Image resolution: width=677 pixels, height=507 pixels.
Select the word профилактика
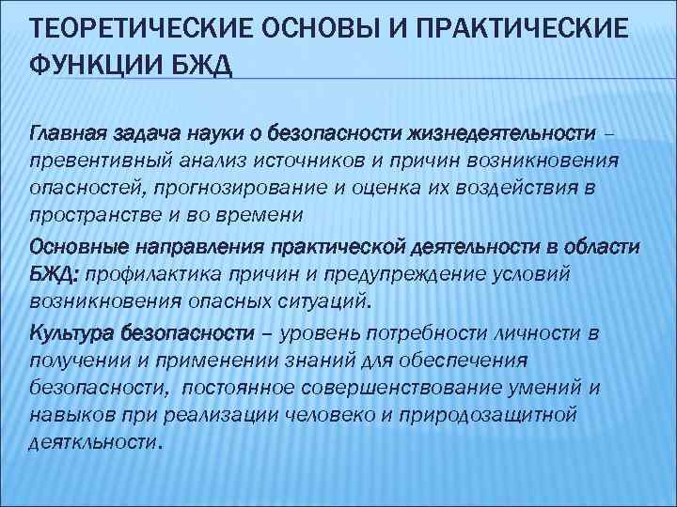(184, 273)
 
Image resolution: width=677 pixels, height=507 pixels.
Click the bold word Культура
(75, 333)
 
